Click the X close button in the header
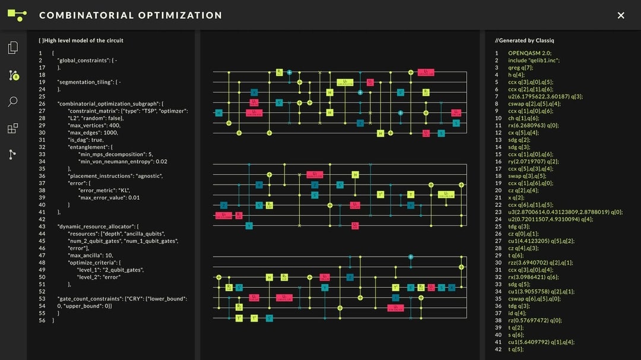tap(621, 15)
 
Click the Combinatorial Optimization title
tap(131, 15)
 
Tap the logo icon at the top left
tap(17, 15)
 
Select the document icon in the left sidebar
tap(13, 48)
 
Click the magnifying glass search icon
tap(13, 102)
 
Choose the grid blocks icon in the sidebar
tap(13, 128)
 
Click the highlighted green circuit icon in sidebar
tap(14, 75)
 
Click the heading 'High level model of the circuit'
tap(81, 40)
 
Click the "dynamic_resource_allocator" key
tap(97, 226)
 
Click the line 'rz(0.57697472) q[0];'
tap(535, 320)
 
